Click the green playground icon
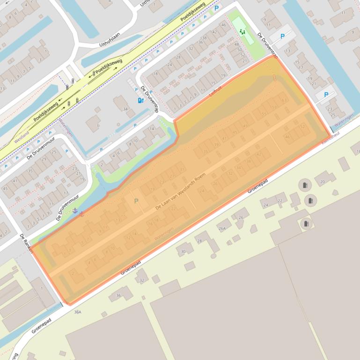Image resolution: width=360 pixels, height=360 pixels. (242, 32)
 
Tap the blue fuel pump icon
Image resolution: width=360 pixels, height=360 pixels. (140, 100)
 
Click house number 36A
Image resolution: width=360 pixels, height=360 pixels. (77, 312)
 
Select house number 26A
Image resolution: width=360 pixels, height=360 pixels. (221, 228)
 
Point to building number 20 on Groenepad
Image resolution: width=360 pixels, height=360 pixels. (323, 181)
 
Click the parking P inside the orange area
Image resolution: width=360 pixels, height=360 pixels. (136, 201)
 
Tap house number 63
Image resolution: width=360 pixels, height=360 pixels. (284, 100)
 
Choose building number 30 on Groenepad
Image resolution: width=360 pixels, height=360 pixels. (183, 252)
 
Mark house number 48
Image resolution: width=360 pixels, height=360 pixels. (236, 44)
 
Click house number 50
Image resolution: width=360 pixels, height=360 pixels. (240, 50)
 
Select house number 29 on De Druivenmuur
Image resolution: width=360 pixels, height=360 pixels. (44, 159)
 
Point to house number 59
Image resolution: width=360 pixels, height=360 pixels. (274, 107)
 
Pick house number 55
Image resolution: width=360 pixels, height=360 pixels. (264, 114)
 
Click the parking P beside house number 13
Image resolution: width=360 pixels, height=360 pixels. (282, 36)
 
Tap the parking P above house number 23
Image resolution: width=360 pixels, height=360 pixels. (326, 94)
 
